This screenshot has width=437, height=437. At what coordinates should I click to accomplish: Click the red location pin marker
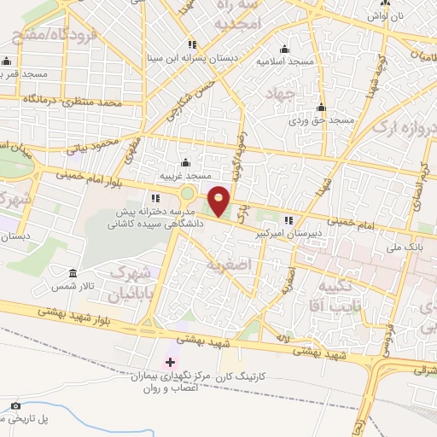[219, 201]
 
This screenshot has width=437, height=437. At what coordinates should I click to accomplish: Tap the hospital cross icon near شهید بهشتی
[170, 363]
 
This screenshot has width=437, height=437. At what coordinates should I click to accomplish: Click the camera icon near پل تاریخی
[15, 405]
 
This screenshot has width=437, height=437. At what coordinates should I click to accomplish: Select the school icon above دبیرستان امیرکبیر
[288, 218]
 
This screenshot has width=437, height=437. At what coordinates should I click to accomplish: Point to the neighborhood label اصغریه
[228, 265]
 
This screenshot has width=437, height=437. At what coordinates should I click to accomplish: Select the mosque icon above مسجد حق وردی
[322, 108]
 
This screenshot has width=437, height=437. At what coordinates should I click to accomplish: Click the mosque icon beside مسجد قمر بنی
[8, 61]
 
